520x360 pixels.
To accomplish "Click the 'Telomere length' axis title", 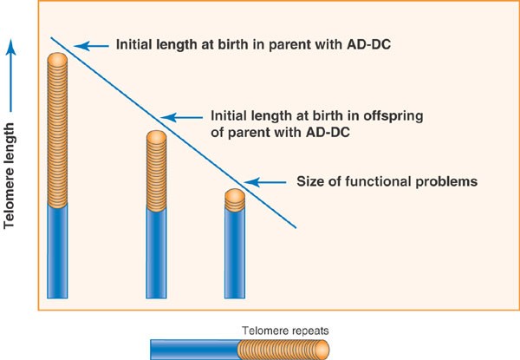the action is pyautogui.click(x=10, y=176).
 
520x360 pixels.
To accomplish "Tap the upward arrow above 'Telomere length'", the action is pyautogui.click(x=11, y=75).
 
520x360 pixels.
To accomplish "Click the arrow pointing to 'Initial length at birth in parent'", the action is pyautogui.click(x=91, y=46).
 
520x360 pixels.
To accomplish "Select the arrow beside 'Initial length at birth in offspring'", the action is pyautogui.click(x=181, y=117).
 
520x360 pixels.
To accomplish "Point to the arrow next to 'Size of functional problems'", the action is pyautogui.click(x=265, y=182).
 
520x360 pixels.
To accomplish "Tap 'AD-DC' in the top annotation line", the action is pyautogui.click(x=369, y=44).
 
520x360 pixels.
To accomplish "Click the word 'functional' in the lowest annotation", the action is pyautogui.click(x=377, y=181).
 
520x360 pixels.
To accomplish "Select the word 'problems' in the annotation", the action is pyautogui.click(x=446, y=182).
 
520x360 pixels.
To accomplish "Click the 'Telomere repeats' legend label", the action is pyautogui.click(x=285, y=331).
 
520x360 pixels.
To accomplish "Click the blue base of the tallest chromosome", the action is pyautogui.click(x=57, y=252).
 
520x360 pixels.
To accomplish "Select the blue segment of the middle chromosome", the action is pyautogui.click(x=156, y=253).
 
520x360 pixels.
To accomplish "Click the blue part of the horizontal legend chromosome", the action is pyautogui.click(x=196, y=350).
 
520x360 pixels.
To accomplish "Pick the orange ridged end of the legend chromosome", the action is pyautogui.click(x=283, y=350).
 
